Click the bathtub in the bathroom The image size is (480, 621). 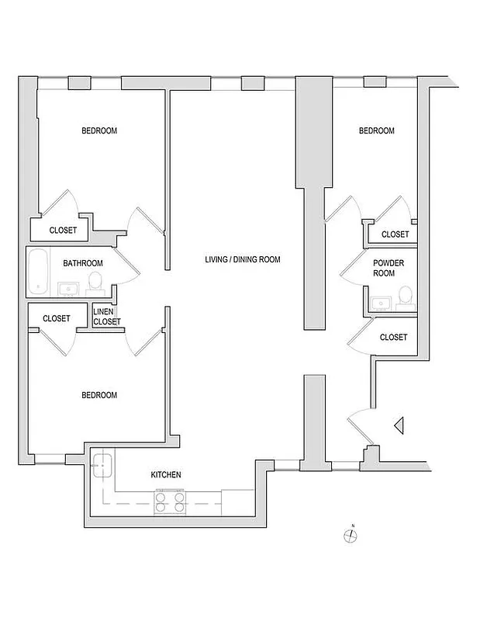(x=37, y=271)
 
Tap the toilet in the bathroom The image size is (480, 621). (x=95, y=280)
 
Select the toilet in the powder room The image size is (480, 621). (x=404, y=296)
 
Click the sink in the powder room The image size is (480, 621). (x=380, y=302)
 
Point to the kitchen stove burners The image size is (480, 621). (x=171, y=501)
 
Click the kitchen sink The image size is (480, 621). (x=102, y=467)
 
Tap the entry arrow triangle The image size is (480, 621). (x=399, y=425)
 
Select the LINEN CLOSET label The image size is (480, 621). (x=107, y=316)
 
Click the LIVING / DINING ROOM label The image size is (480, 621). (x=242, y=259)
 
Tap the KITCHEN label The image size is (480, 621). (x=166, y=474)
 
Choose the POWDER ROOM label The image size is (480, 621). (x=383, y=268)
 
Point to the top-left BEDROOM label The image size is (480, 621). (x=99, y=130)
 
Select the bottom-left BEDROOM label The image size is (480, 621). (x=99, y=395)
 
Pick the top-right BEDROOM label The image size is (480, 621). (x=376, y=130)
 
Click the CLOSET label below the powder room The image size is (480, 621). (x=394, y=337)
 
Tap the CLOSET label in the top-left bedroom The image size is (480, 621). (x=63, y=230)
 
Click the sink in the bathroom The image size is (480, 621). (x=67, y=290)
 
